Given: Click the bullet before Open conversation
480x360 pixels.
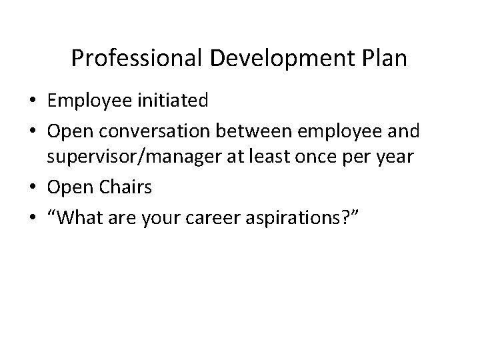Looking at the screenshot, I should click(31, 131).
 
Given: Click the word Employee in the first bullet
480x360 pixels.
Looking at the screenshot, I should click(88, 101).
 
